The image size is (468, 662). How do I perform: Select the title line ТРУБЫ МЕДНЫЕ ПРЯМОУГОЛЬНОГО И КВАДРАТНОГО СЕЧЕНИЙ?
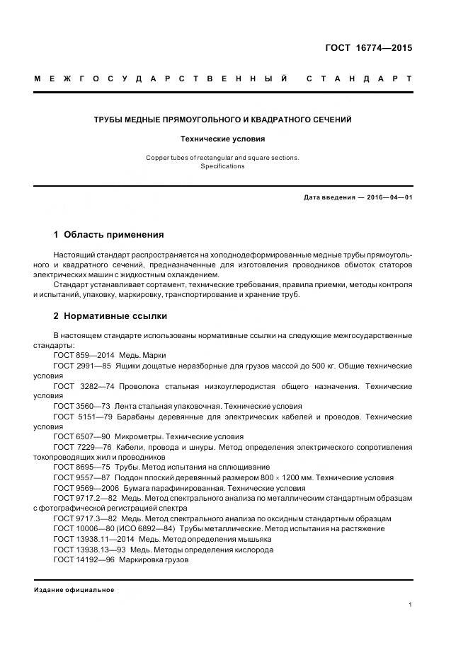click(223, 120)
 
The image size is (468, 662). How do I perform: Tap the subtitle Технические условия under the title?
click(222, 139)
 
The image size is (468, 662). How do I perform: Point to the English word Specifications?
click(222, 166)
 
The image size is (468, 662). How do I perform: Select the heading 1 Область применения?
click(108, 234)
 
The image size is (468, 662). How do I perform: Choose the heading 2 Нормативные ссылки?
click(110, 315)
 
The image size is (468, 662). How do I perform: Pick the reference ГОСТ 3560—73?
click(81, 407)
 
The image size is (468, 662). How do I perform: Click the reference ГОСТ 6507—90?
click(81, 437)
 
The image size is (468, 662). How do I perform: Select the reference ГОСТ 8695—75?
click(81, 468)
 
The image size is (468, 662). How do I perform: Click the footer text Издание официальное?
click(74, 590)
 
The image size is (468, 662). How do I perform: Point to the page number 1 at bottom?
click(410, 605)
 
